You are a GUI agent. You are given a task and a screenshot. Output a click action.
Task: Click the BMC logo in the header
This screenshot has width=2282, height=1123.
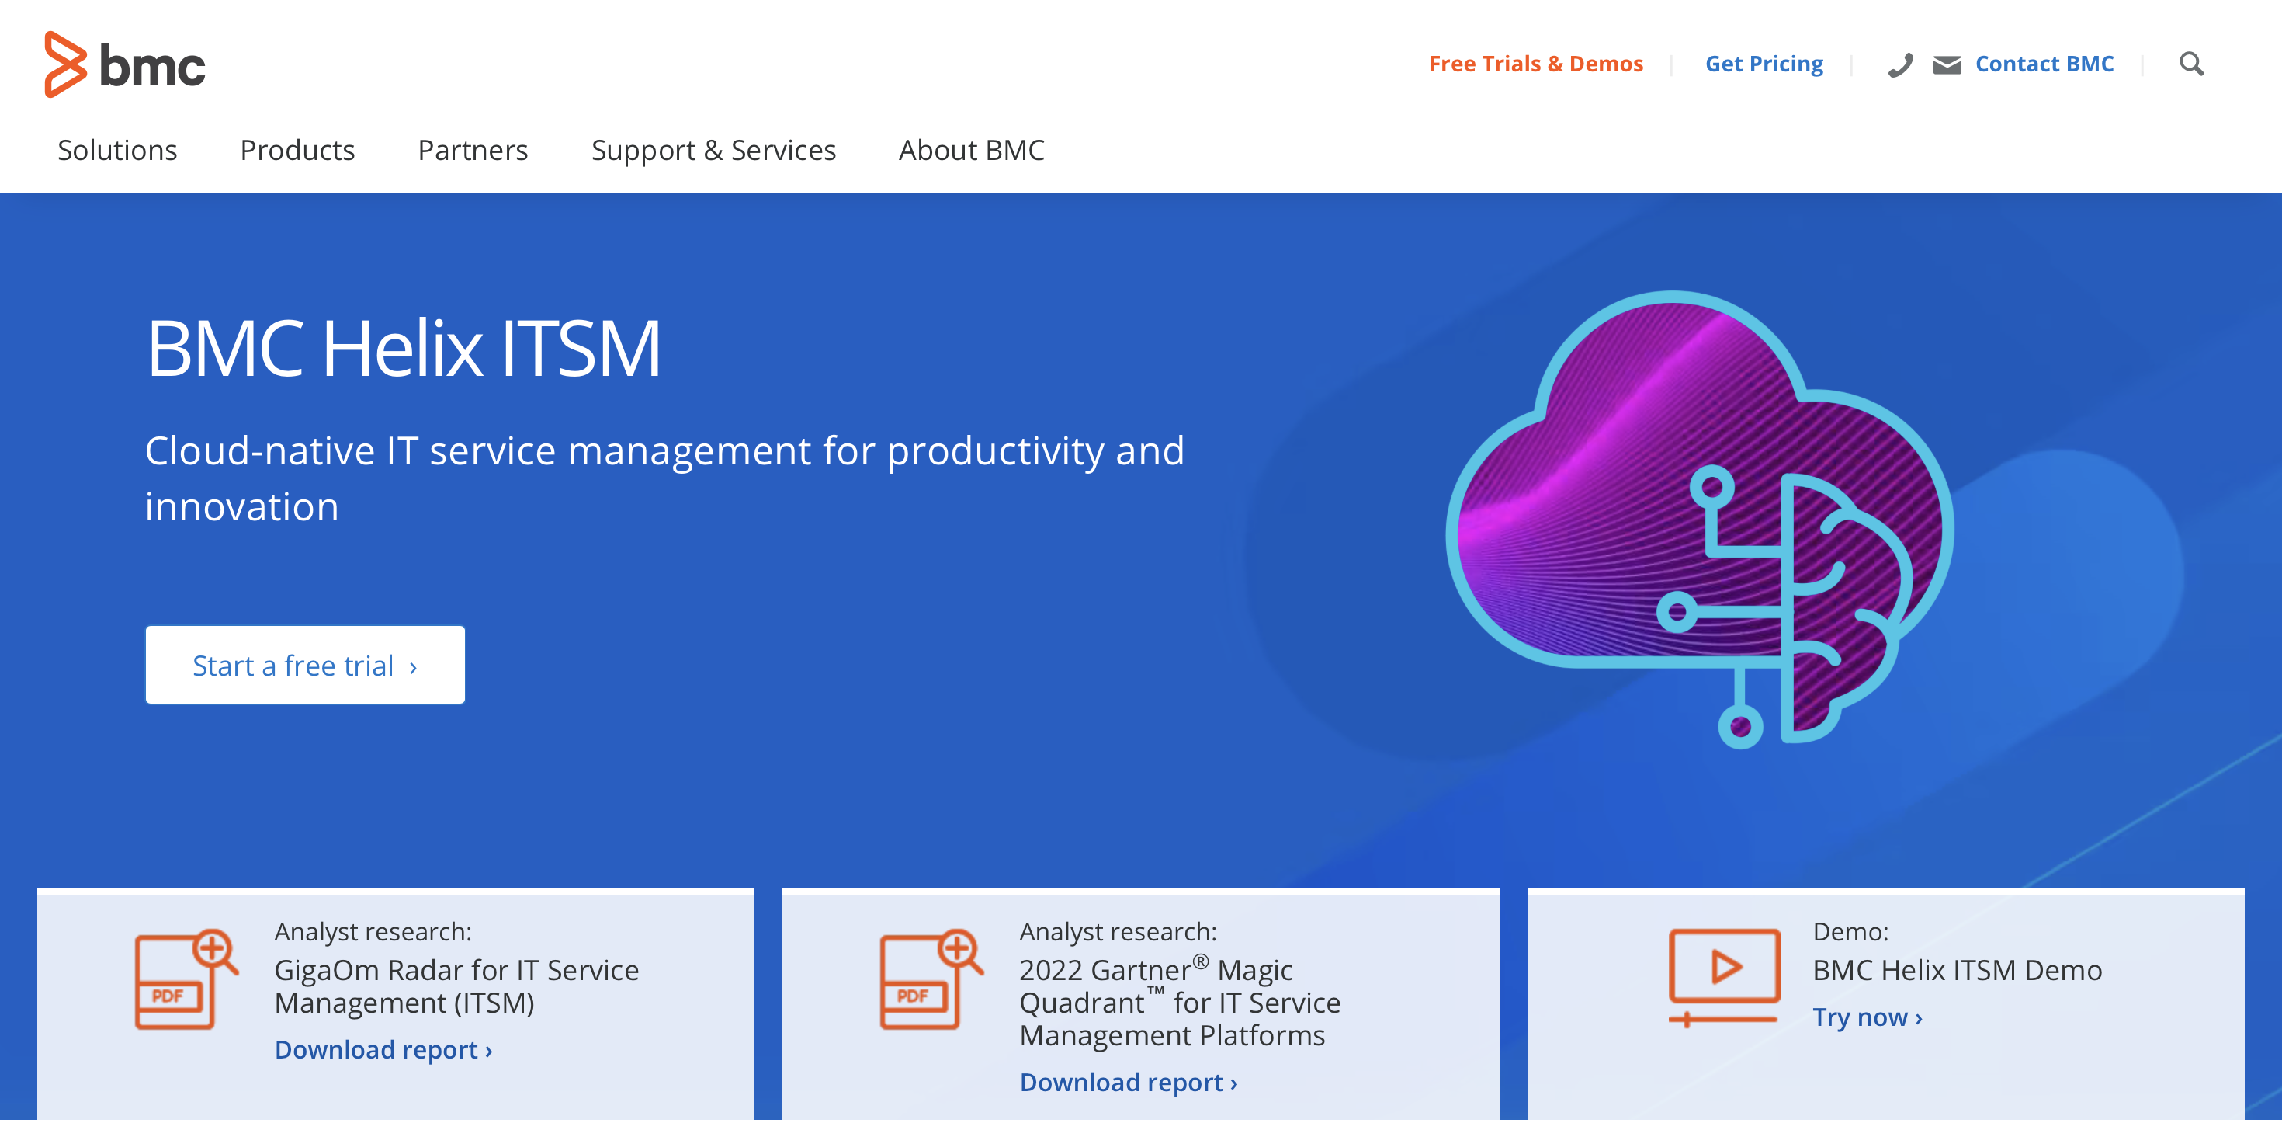[x=125, y=64]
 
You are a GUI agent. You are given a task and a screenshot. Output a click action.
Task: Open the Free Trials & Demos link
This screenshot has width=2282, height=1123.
[x=1535, y=64]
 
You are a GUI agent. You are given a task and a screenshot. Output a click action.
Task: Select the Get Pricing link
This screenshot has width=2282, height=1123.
[x=1764, y=64]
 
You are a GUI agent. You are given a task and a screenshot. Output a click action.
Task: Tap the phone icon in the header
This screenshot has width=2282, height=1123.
[x=1900, y=64]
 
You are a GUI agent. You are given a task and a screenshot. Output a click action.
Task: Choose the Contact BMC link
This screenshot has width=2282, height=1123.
[x=2044, y=64]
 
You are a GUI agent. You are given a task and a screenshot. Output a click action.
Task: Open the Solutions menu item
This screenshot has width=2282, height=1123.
[x=117, y=150]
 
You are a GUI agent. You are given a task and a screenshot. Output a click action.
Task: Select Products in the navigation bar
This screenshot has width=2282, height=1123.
[x=297, y=150]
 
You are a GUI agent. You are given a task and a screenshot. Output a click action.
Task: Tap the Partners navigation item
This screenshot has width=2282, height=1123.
[x=473, y=150]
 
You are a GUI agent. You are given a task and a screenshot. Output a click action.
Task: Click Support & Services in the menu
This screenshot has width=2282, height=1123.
[x=713, y=151]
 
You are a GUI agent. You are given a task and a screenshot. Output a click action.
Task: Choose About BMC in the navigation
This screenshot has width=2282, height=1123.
[x=971, y=150]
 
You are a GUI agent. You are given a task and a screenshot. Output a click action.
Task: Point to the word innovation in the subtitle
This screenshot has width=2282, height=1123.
[x=242, y=507]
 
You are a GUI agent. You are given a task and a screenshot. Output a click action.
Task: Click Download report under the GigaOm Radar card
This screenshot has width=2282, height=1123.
[x=383, y=1049]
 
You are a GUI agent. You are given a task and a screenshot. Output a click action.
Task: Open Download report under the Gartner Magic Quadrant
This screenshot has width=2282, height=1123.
[x=1129, y=1083]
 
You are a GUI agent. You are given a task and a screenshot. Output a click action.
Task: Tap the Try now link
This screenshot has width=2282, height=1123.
[x=1868, y=1017]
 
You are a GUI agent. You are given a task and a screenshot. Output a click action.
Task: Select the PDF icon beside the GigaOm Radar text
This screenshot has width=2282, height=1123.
[x=186, y=978]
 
